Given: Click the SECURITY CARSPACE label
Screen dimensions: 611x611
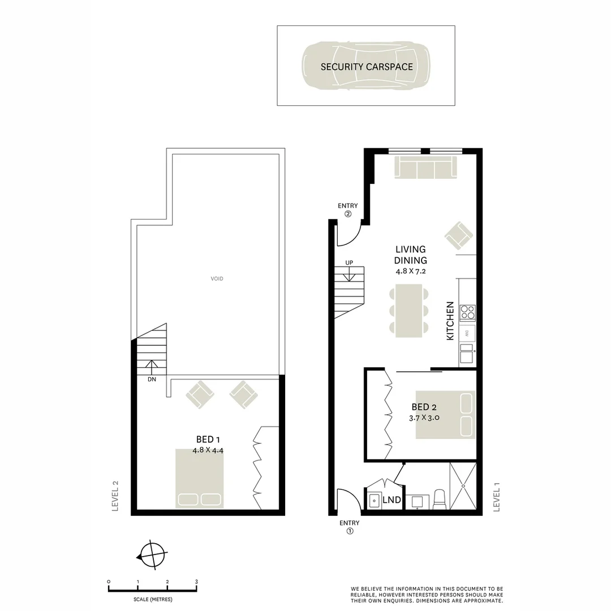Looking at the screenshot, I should [367, 66].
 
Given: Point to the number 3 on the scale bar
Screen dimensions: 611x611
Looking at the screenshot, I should [196, 582].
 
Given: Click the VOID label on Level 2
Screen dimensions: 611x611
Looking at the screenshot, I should [217, 278].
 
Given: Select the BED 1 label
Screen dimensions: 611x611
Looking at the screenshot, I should [205, 440].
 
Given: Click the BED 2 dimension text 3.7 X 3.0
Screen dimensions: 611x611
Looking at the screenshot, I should [425, 418].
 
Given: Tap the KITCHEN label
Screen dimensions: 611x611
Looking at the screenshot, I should [450, 320].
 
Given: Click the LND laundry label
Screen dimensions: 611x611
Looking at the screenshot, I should [391, 500].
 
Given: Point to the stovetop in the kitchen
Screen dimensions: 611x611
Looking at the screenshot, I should [467, 313].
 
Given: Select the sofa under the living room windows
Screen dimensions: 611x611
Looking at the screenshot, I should [425, 168].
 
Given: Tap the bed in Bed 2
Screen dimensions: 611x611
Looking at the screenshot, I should [445, 414].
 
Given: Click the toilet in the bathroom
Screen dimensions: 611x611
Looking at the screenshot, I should [440, 500].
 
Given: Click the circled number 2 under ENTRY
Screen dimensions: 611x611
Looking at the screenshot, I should [348, 214].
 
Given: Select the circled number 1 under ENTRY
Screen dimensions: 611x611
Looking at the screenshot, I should [350, 531].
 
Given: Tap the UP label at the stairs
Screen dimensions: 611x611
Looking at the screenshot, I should [349, 263].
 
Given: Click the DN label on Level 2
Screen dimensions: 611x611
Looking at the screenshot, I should [152, 380].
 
